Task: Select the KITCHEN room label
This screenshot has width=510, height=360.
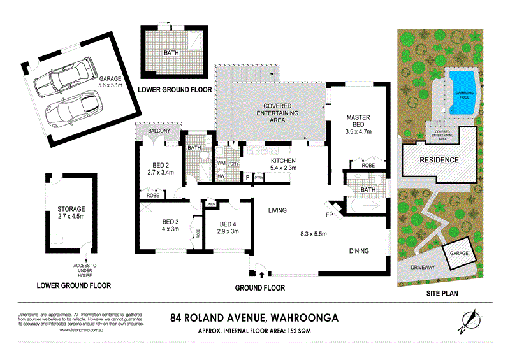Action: [284, 161]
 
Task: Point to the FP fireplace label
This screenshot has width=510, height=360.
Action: [329, 215]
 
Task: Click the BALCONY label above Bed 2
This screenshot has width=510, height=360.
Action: [159, 131]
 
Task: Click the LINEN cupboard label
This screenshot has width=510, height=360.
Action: [211, 204]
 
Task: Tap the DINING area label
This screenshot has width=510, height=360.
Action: [358, 251]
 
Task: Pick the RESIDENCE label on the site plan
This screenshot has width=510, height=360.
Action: [439, 160]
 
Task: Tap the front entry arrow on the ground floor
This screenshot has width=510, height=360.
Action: [263, 275]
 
